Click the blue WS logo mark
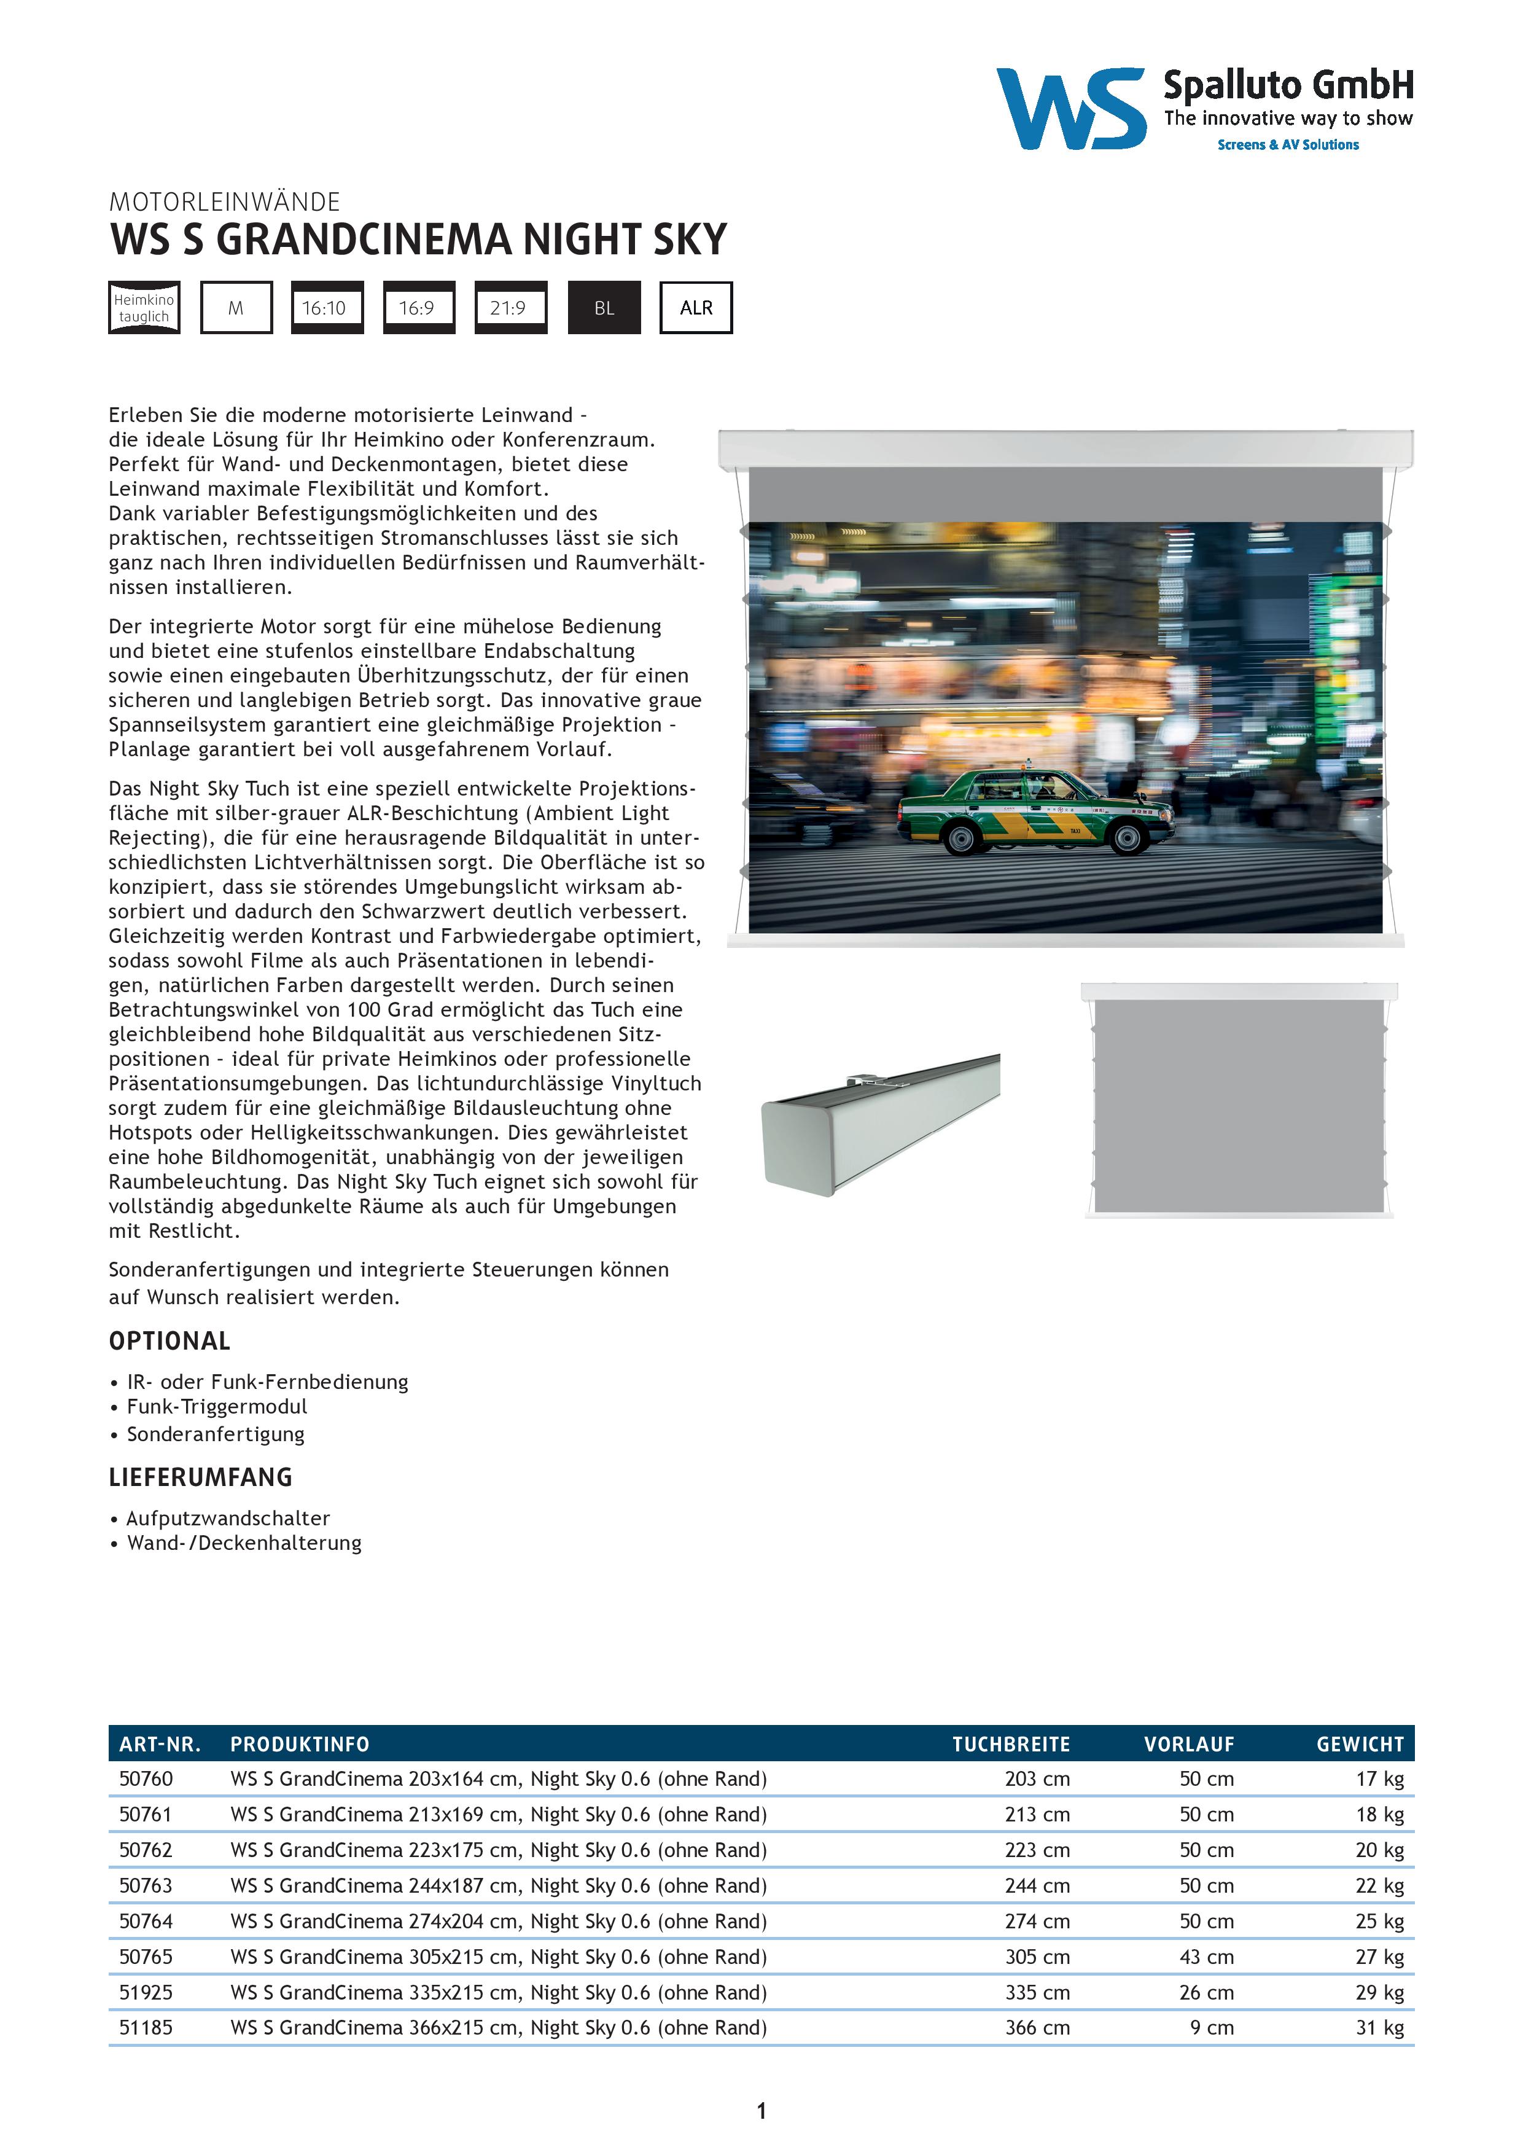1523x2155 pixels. pos(1070,108)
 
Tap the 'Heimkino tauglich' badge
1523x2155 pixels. pos(144,308)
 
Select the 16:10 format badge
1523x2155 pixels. pos(325,308)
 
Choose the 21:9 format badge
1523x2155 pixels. pos(510,308)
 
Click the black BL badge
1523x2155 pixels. pos(604,308)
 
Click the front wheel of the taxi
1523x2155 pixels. pos(1127,840)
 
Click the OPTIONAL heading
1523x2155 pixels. pos(170,1341)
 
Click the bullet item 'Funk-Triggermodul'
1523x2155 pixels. pos(217,1406)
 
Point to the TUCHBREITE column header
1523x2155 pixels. pos(1011,1744)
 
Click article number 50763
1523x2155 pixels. pos(146,1886)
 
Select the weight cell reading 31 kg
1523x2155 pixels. pos(1379,2027)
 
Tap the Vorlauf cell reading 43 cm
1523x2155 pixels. pos(1206,1957)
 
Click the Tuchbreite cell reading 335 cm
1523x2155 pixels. pos(1036,1992)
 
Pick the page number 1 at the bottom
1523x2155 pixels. pos(761,2111)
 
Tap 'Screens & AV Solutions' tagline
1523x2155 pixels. pos(1287,144)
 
